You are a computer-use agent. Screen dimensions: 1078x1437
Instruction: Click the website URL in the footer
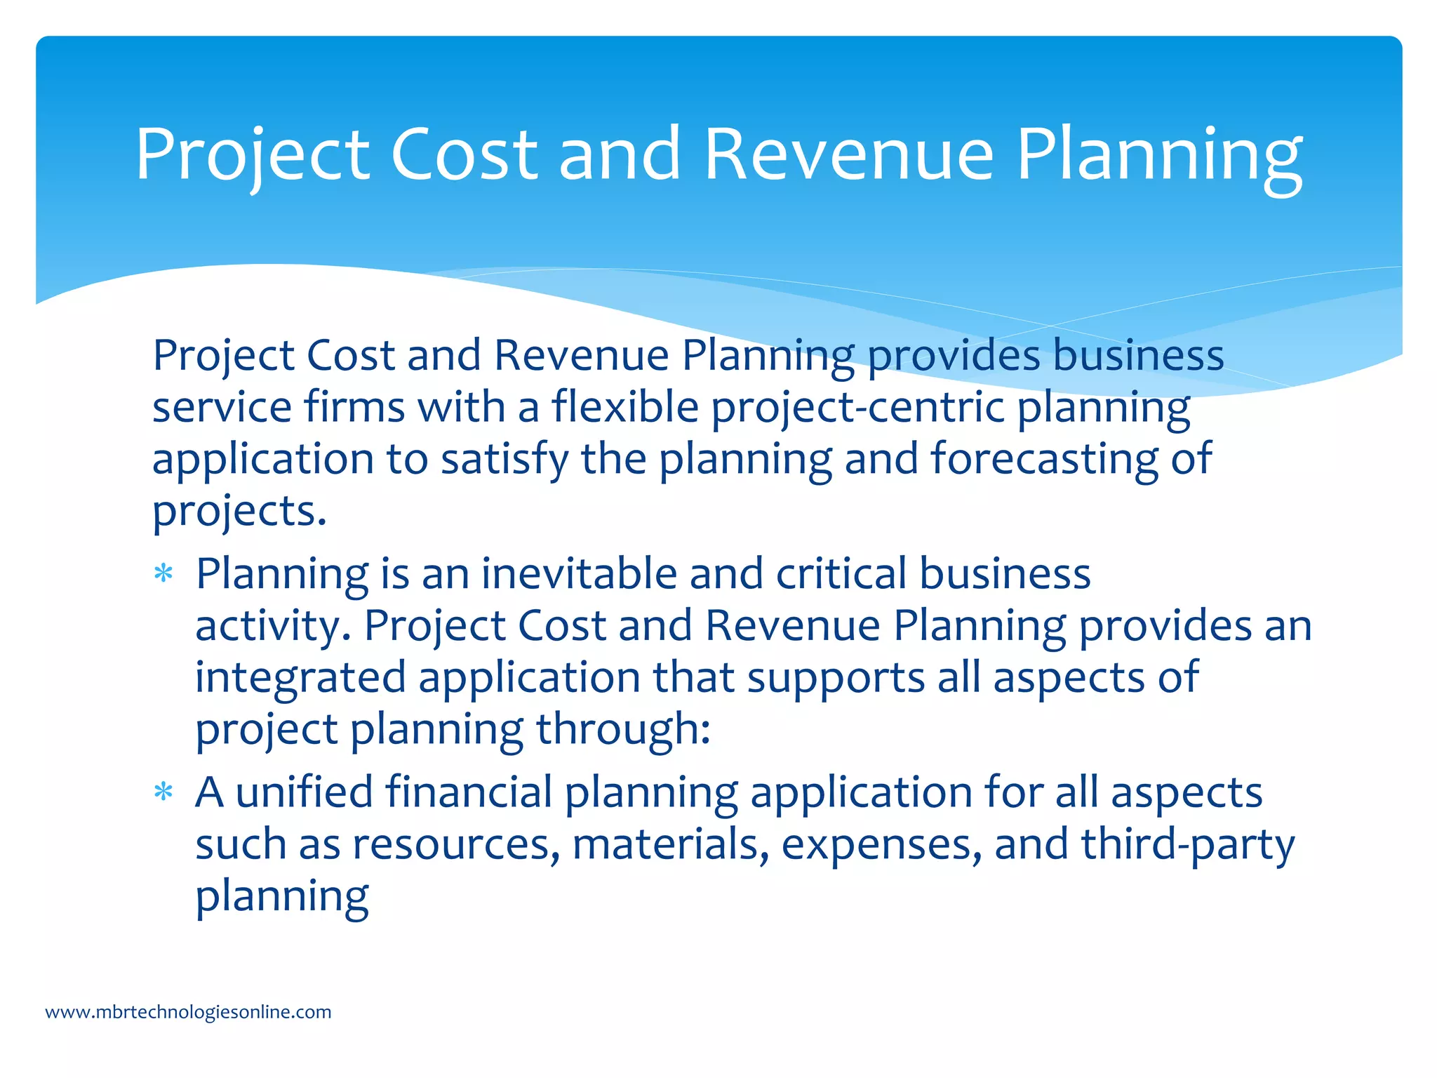click(x=188, y=1012)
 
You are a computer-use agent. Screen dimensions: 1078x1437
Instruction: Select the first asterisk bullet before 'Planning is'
click(x=163, y=575)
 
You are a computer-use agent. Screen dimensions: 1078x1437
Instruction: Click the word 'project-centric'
click(x=859, y=408)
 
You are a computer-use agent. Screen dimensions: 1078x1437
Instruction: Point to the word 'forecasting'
click(x=1044, y=458)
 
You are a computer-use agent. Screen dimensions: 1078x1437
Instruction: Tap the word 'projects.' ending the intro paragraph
click(x=239, y=512)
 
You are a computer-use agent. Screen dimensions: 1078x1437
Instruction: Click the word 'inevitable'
click(x=579, y=573)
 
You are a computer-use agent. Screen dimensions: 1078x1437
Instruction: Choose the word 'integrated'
click(x=300, y=678)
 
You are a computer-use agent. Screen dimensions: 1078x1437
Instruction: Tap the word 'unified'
click(x=304, y=792)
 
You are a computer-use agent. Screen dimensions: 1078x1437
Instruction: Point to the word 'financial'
click(x=469, y=792)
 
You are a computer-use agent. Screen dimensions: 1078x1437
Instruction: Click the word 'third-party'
click(x=1188, y=844)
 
